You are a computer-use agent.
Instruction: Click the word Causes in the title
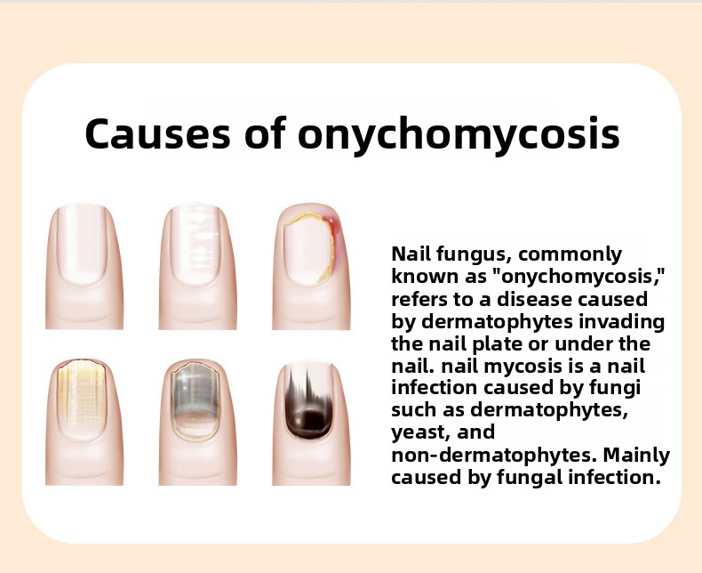click(157, 133)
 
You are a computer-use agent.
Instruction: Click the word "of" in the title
click(265, 133)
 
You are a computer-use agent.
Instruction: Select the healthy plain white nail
click(82, 244)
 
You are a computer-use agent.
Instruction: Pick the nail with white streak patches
click(195, 244)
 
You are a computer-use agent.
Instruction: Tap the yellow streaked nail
click(82, 399)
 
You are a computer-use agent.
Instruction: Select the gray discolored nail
click(195, 399)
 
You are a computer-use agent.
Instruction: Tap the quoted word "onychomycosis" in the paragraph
click(578, 278)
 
